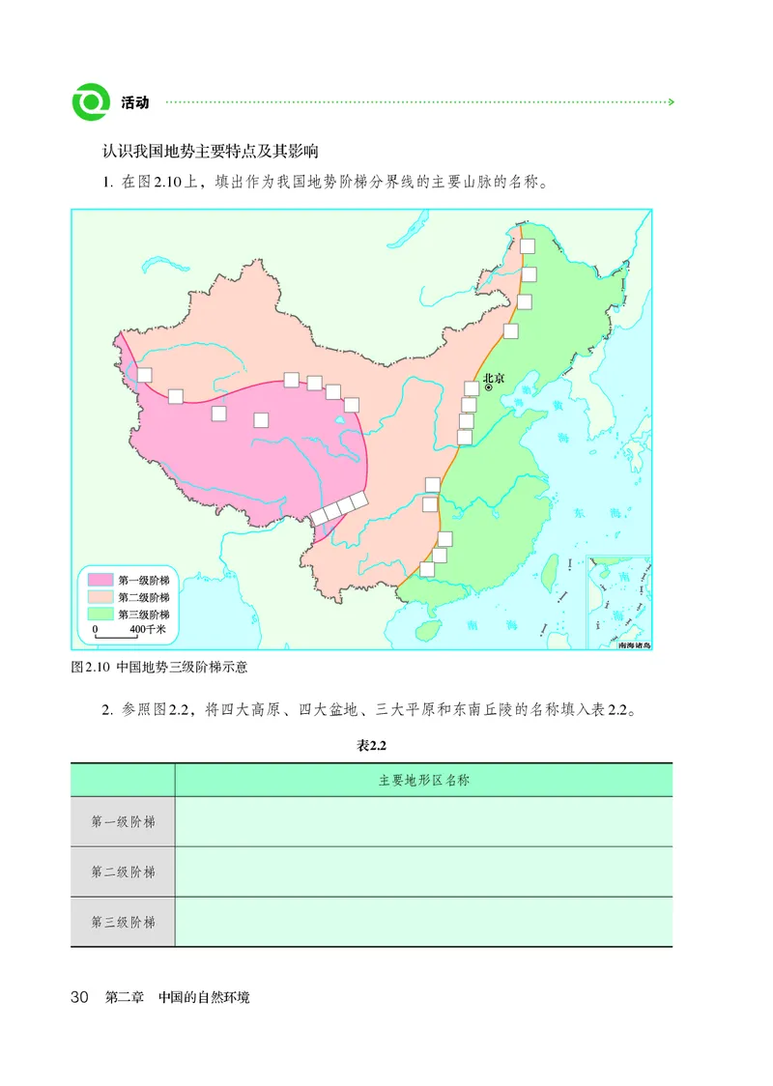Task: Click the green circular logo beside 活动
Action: click(x=91, y=100)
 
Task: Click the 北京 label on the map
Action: click(x=493, y=378)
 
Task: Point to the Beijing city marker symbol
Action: click(x=489, y=388)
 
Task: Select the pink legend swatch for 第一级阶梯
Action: click(x=100, y=580)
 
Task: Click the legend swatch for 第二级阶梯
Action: click(x=100, y=597)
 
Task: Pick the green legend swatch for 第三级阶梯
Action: click(x=100, y=614)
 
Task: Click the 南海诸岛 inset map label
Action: click(x=634, y=643)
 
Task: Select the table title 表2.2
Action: click(x=371, y=745)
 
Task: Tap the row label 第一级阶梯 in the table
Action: click(x=123, y=822)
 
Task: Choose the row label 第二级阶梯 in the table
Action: click(x=123, y=872)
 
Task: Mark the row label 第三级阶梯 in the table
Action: click(x=123, y=923)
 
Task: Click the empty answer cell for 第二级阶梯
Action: click(x=423, y=872)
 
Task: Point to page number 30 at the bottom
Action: click(x=80, y=997)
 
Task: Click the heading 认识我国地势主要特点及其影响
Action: click(x=211, y=152)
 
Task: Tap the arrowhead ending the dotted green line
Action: click(x=672, y=101)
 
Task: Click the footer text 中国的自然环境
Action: click(x=204, y=997)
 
